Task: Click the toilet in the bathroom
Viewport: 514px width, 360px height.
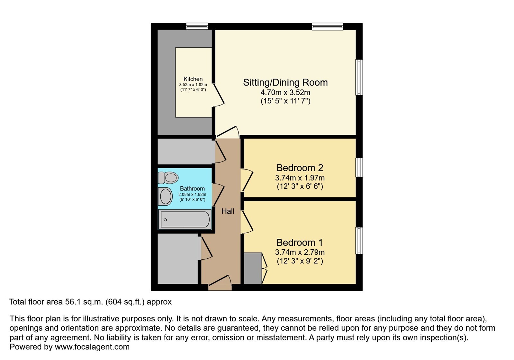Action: (168, 178)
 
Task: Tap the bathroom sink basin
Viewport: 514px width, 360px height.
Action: (165, 196)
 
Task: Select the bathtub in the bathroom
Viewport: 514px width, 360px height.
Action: (185, 219)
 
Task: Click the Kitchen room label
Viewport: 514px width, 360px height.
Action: (193, 79)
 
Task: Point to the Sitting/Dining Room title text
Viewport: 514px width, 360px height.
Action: (285, 82)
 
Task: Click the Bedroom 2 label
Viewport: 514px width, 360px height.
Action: (300, 168)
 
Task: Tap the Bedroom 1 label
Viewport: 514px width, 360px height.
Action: (300, 243)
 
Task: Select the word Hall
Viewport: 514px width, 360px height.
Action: (228, 211)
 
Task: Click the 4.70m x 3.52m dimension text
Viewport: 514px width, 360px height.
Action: (285, 93)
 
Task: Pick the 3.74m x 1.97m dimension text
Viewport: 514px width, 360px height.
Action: (300, 178)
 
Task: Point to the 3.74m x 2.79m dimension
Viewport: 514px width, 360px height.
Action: (300, 252)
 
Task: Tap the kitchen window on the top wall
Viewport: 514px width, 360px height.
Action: (197, 26)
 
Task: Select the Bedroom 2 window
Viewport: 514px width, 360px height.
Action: (359, 167)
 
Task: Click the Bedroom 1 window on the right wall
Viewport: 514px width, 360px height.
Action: (359, 241)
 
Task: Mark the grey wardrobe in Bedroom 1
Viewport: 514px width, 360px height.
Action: (253, 268)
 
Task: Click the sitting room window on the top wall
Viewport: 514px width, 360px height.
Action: (328, 26)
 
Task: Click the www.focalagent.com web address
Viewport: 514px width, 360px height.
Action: (92, 347)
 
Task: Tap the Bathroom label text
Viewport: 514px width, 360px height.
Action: (192, 189)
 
